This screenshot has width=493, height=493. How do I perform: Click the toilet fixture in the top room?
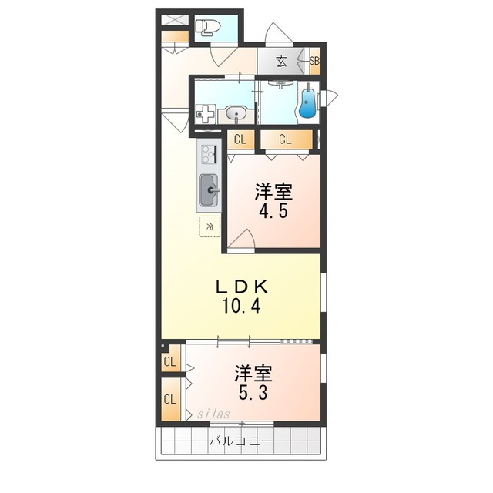(x=205, y=27)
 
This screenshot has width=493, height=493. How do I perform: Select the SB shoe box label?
(x=314, y=61)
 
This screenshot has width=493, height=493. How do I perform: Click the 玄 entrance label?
(x=281, y=62)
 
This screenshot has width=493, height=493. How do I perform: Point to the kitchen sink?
(x=209, y=190)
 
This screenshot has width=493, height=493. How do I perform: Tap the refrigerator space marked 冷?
(x=210, y=226)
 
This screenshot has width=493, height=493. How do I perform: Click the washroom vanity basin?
(x=236, y=113)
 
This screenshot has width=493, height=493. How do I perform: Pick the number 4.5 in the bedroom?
(x=273, y=211)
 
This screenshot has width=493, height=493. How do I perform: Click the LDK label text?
(x=241, y=287)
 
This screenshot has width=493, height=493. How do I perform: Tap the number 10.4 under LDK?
(x=241, y=306)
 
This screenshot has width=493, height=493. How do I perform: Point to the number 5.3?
(x=253, y=392)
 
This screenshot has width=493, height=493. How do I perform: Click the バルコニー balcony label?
(x=241, y=441)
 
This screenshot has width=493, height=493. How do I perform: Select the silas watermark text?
(x=213, y=414)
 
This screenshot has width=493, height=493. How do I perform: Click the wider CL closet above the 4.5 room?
(x=286, y=139)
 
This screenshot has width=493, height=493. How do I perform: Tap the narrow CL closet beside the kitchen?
(x=240, y=139)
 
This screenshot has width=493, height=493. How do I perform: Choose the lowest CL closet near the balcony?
(x=170, y=399)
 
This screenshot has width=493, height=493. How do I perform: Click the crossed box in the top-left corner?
(x=175, y=20)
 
